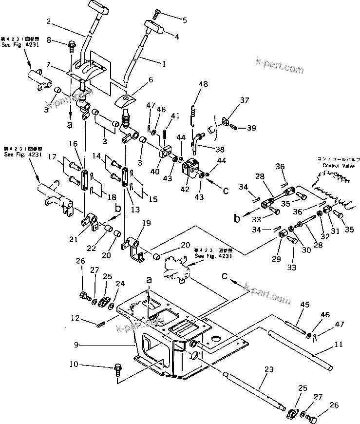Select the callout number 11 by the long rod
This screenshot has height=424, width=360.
[339, 345]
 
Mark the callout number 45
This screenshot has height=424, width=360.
[304, 305]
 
